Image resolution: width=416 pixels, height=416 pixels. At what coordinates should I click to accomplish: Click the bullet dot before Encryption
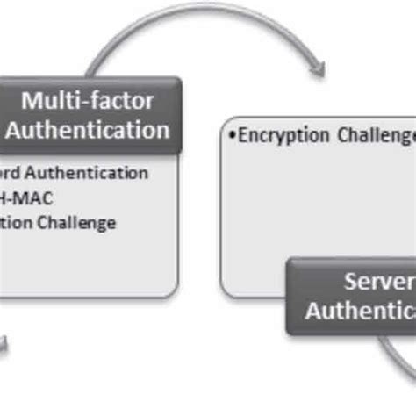[230, 135]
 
